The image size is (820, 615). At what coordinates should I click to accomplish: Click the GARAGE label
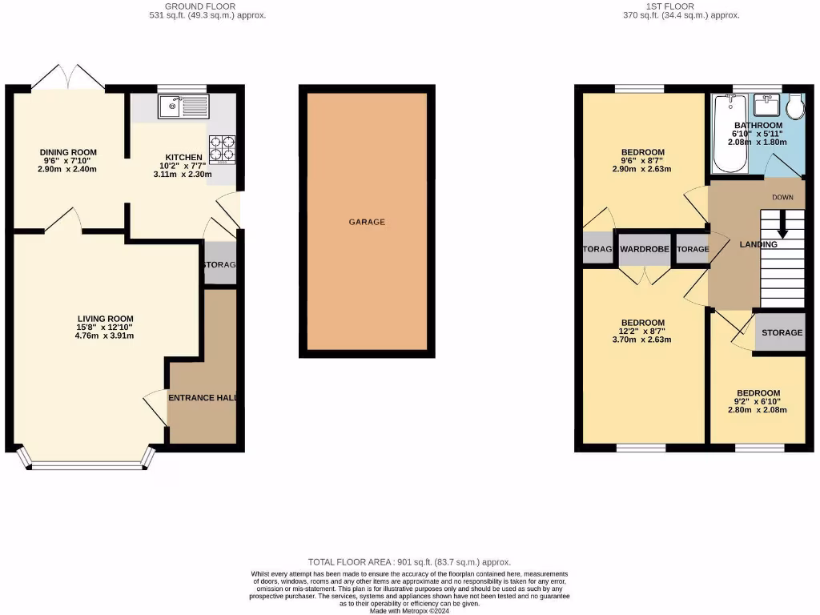pos(367,222)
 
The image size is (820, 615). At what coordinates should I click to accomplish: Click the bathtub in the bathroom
pos(729,133)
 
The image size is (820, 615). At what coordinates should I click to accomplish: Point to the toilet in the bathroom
pos(794,108)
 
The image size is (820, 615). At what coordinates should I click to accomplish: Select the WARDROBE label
pos(644,250)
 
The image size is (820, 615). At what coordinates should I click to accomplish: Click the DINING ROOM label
pos(68,152)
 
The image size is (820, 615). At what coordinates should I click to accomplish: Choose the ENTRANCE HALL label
pos(201,397)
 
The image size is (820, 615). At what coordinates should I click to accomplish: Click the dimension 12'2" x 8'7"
pos(643,330)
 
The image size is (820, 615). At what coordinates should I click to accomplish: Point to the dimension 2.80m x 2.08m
pos(758,410)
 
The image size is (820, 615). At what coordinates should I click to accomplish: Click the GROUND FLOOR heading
pos(207,6)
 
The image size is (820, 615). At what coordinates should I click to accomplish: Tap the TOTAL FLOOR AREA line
pos(409,562)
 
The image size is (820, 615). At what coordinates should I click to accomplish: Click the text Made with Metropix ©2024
pos(409,611)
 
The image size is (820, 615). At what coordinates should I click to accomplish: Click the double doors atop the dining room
pos(69,76)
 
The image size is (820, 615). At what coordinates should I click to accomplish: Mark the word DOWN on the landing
pos(782,197)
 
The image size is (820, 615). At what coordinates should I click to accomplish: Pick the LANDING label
pos(758,244)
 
